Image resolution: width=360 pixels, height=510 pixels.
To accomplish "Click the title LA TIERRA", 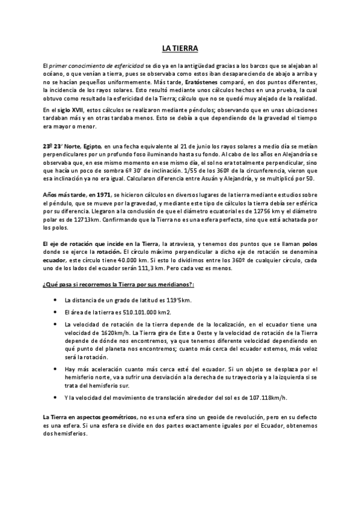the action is tap(180, 48).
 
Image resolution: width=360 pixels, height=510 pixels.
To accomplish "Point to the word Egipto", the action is tap(91, 146).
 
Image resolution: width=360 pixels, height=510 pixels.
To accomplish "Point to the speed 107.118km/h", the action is tap(253, 398).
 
